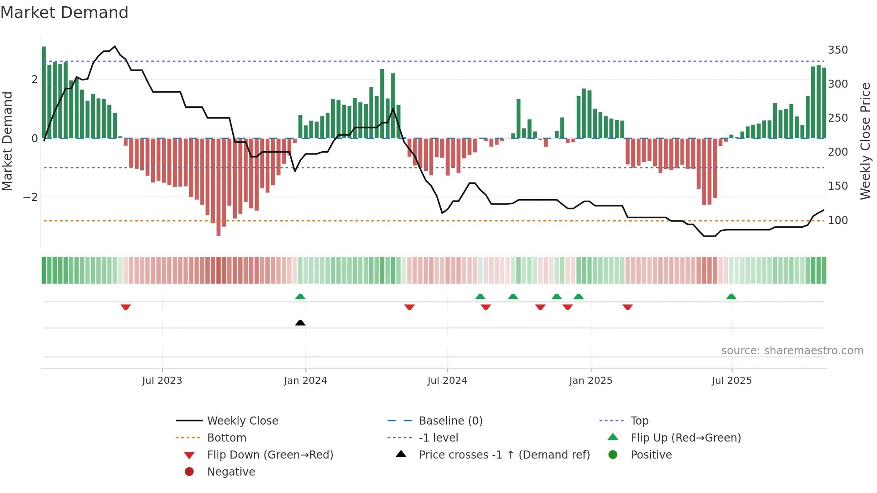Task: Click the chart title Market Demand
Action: pos(64,13)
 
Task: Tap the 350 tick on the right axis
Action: pos(838,50)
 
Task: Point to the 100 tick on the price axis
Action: pos(838,220)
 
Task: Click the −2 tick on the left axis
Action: pos(30,197)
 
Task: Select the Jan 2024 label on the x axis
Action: pos(305,381)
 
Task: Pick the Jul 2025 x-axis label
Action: pos(732,381)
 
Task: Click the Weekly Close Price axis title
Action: pos(865,141)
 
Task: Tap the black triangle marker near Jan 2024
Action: pos(300,323)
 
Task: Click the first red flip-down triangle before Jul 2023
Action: pos(126,307)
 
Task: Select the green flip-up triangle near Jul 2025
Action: pos(731,297)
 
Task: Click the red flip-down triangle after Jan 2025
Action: pos(627,307)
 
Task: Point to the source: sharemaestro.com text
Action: pos(792,351)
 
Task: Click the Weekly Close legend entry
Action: pos(242,421)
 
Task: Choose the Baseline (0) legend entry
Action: pos(450,421)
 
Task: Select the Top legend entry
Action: pos(639,421)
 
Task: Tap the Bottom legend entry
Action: pos(226,438)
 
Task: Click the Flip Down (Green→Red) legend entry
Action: pos(270,455)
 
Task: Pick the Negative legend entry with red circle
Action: pos(231,472)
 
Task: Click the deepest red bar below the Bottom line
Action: pos(218,230)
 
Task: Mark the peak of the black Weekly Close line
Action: pos(115,47)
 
